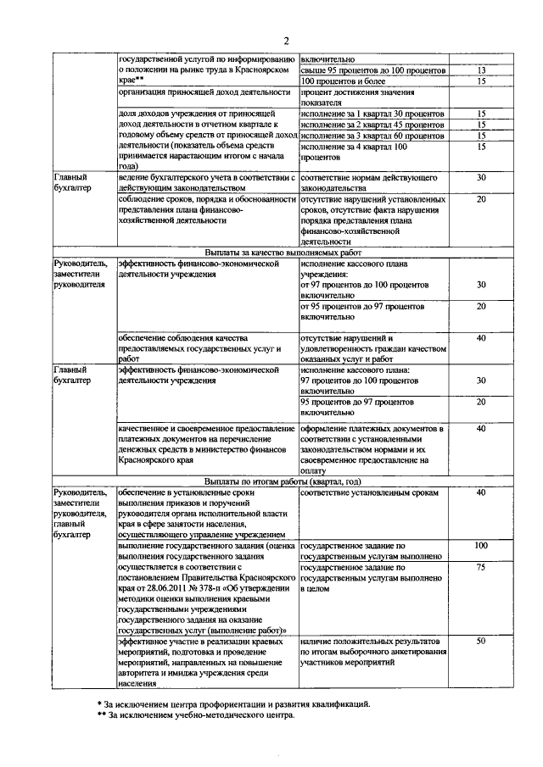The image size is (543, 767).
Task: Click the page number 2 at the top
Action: (286, 40)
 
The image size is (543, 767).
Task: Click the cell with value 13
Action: (481, 70)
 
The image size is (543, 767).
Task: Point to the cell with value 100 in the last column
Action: (481, 545)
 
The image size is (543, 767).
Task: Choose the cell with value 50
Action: (481, 642)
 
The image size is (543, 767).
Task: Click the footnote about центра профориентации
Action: (233, 703)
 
